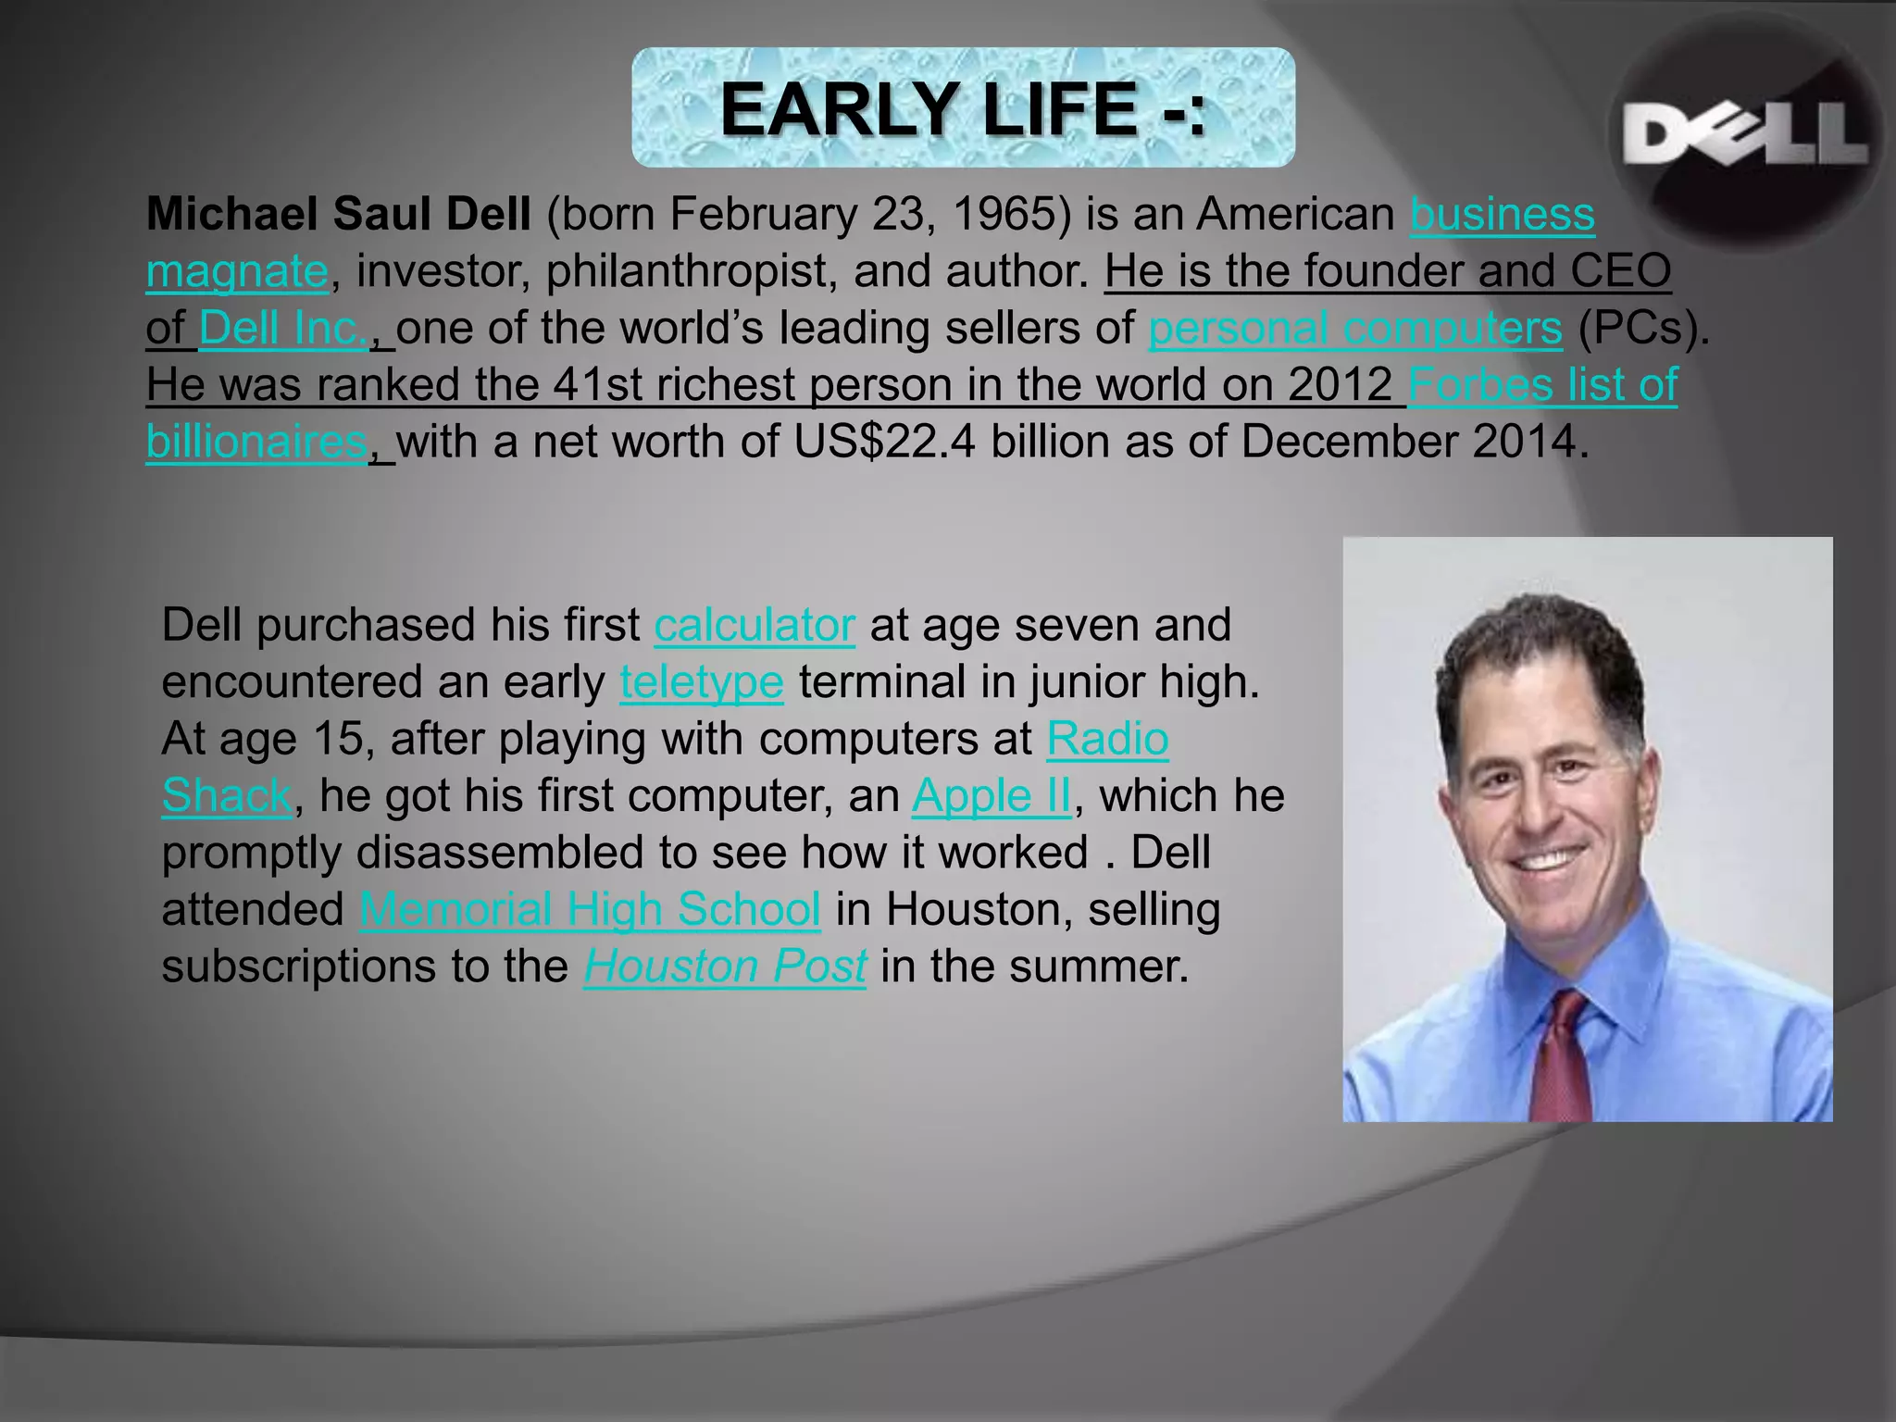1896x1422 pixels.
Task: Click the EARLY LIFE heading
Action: [x=963, y=108]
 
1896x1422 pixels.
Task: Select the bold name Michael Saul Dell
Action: [x=338, y=215]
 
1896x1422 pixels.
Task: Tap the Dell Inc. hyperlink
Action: [x=283, y=329]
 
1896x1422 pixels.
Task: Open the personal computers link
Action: [x=1354, y=329]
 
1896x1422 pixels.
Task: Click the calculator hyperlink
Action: [x=754, y=625]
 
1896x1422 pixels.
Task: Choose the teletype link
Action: [x=701, y=682]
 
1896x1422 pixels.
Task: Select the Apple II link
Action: [x=991, y=796]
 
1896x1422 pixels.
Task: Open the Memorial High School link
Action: [x=590, y=910]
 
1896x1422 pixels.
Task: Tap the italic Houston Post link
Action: [x=724, y=967]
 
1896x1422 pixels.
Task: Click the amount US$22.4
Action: [x=883, y=443]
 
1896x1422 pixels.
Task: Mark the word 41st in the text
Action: [x=597, y=385]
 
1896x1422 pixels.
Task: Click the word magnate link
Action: [x=237, y=272]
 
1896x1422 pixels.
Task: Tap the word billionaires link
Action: [x=256, y=443]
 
